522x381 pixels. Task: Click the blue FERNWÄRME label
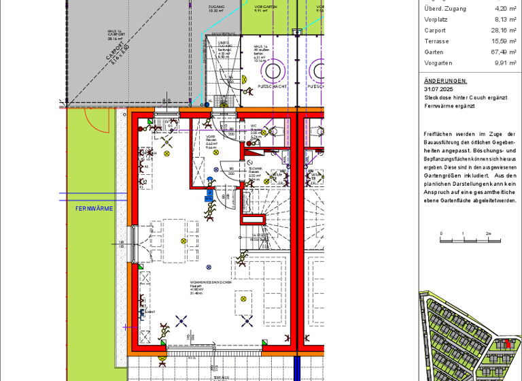(x=94, y=208)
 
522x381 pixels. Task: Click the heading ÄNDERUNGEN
(x=445, y=80)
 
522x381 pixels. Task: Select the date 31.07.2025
(x=438, y=89)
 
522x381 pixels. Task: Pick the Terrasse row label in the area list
(x=436, y=42)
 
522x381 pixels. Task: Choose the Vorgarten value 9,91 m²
(x=506, y=63)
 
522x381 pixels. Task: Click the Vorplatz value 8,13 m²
(x=506, y=20)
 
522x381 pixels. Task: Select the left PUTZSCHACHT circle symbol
(x=273, y=71)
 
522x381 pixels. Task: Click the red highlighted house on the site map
(x=507, y=345)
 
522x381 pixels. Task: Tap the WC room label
(x=253, y=126)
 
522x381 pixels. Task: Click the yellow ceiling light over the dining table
(x=183, y=241)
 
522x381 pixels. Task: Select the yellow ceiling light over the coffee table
(x=243, y=298)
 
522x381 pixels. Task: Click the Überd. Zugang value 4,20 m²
(x=506, y=9)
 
